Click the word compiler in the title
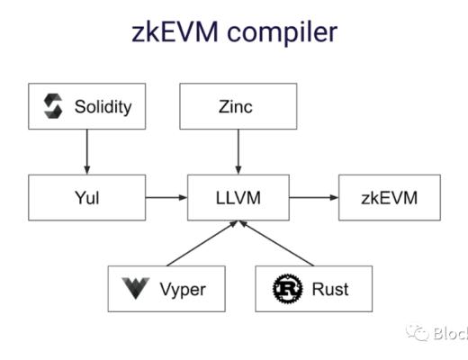[285, 34]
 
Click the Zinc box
[238, 106]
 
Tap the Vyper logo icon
[135, 289]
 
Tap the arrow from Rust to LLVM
[279, 244]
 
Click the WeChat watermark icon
[418, 333]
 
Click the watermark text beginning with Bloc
[450, 334]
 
